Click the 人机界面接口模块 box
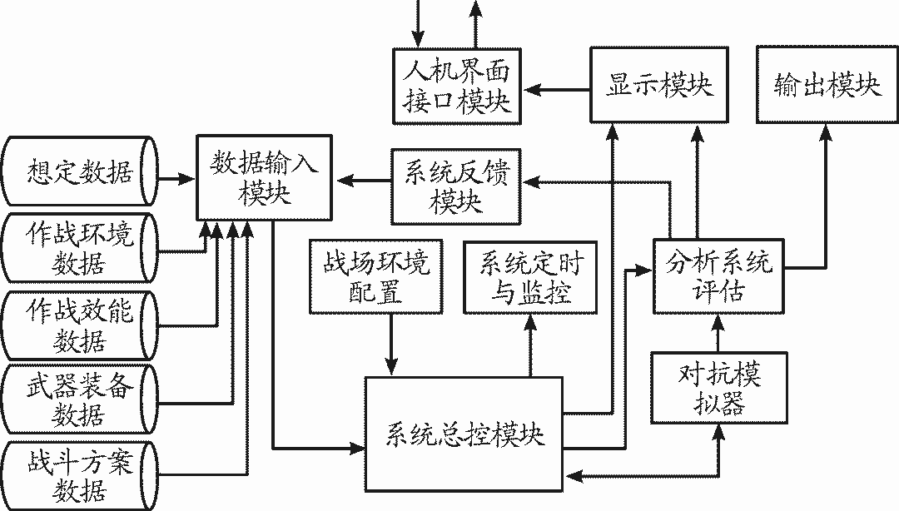coord(456,87)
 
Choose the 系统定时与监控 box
coord(530,277)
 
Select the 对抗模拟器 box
coord(718,389)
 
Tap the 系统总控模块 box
coord(464,433)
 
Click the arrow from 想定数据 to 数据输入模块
coord(176,177)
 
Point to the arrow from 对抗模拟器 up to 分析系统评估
coord(718,332)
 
